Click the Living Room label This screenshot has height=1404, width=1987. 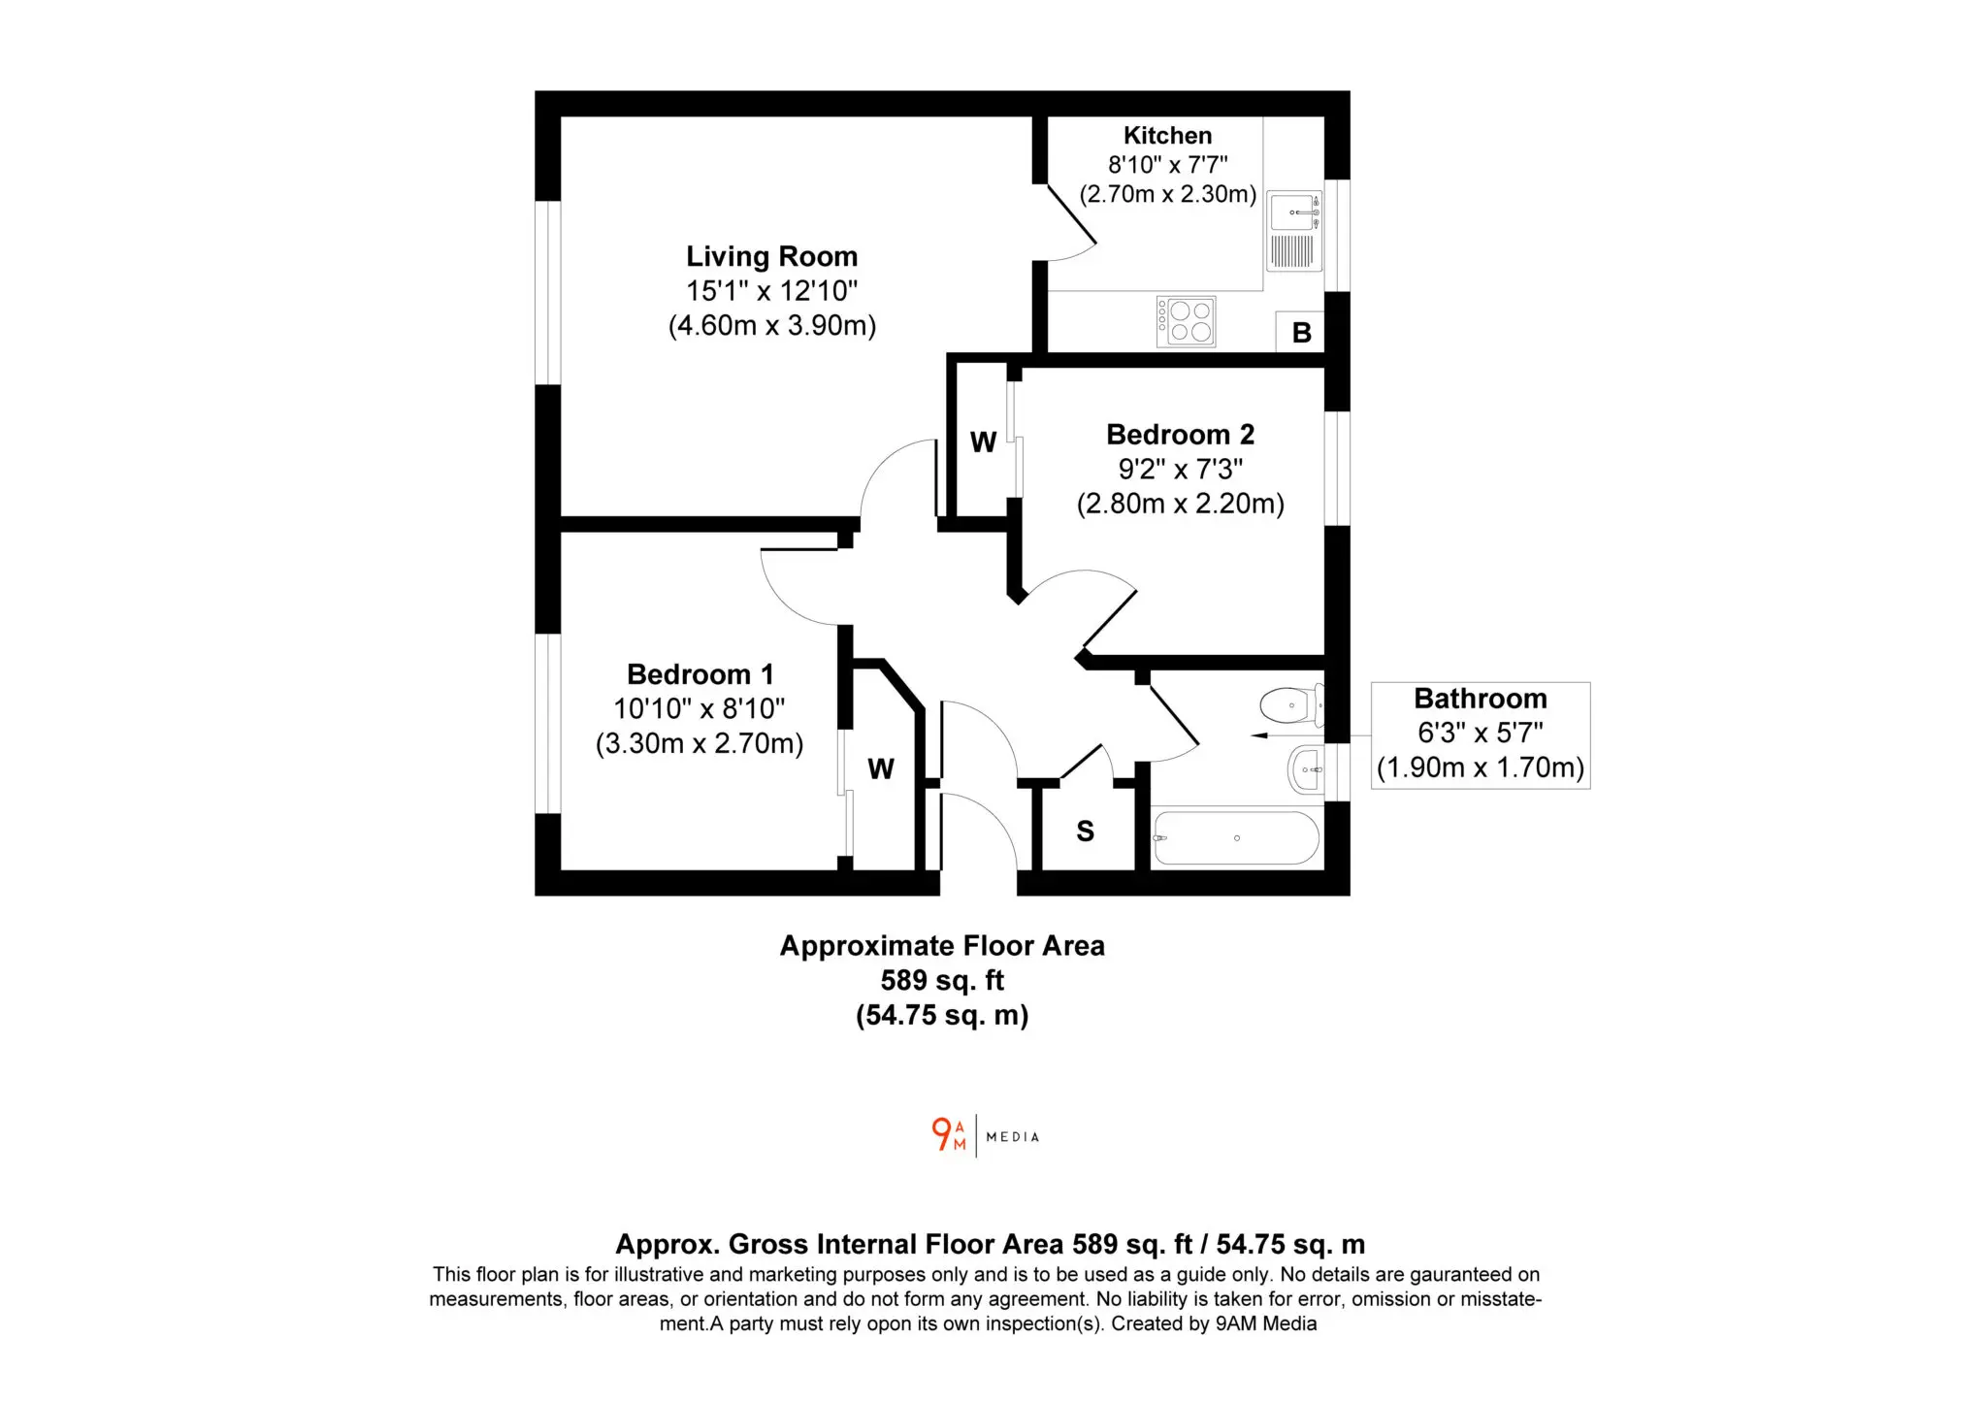tap(772, 256)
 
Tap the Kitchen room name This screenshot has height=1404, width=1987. tap(1167, 136)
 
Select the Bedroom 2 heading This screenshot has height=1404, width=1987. tap(1181, 435)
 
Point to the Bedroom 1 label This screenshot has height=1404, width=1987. tap(700, 674)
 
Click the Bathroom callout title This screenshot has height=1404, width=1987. tap(1481, 699)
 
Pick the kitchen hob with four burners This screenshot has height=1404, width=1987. tap(1186, 321)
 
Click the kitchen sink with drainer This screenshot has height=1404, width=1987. tap(1295, 231)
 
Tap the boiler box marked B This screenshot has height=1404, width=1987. tap(1301, 333)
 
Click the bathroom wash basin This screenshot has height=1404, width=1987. tap(1306, 770)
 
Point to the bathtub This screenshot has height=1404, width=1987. tap(1236, 838)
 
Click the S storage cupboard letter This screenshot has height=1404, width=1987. tap(1086, 832)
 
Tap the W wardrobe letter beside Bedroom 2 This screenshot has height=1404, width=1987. tap(983, 442)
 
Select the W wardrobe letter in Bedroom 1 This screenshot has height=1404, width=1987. tap(881, 769)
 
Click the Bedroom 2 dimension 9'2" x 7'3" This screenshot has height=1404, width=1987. tap(1181, 470)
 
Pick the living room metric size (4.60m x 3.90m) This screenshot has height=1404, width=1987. tap(772, 325)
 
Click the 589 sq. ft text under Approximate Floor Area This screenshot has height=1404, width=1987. tap(942, 981)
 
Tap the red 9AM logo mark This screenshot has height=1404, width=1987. tap(949, 1134)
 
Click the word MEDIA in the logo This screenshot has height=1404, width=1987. tap(1013, 1137)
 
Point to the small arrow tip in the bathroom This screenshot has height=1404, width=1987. tap(1253, 736)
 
